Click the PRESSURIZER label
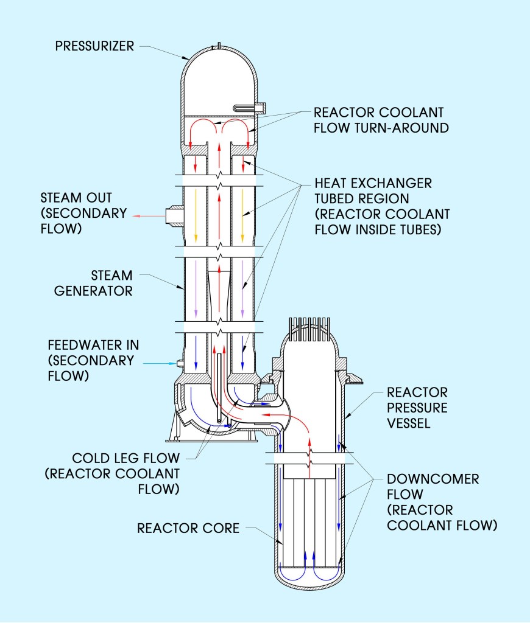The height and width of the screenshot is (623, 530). click(x=94, y=46)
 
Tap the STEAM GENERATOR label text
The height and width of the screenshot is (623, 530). click(x=93, y=283)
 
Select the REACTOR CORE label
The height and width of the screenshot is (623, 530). click(x=188, y=527)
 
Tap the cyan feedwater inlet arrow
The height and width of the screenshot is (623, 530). click(x=159, y=363)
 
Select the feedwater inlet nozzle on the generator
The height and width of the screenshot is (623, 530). click(x=180, y=363)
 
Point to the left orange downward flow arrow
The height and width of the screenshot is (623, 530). click(x=196, y=212)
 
